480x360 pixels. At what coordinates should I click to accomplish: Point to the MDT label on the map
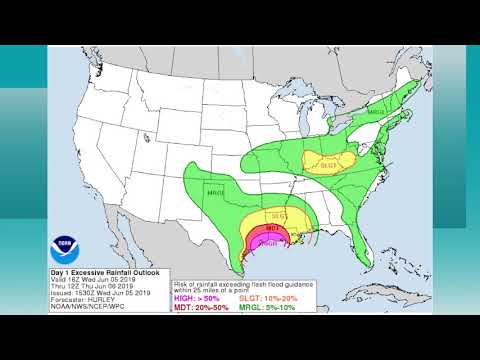(272, 228)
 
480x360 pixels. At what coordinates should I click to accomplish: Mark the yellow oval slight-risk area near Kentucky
(330, 160)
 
